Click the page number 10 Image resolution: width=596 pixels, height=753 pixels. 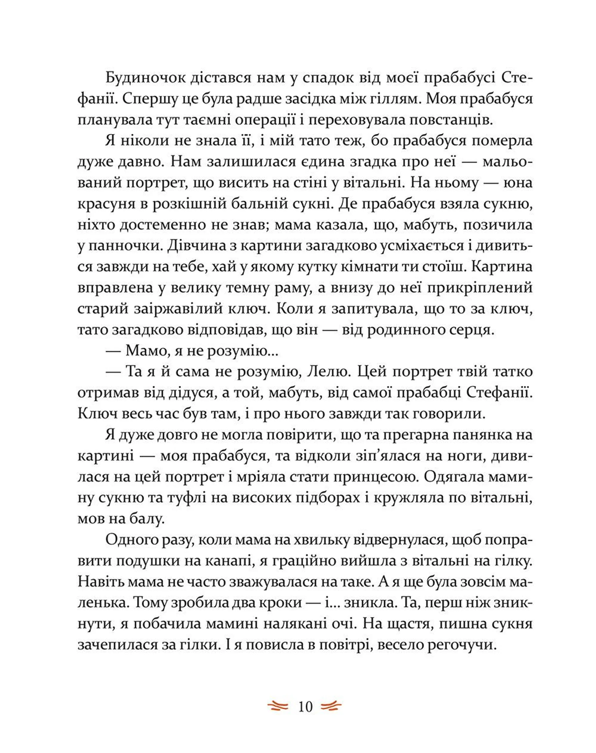pos(305,707)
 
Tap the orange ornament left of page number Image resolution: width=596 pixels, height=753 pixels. pos(278,707)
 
